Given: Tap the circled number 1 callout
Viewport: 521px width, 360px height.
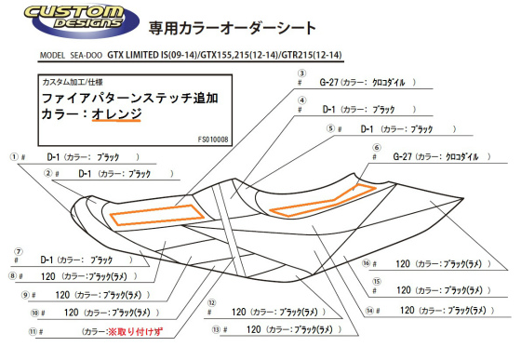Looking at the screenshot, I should coord(14,156).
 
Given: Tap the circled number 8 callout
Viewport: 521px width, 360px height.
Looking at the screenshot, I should coord(13,276).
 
